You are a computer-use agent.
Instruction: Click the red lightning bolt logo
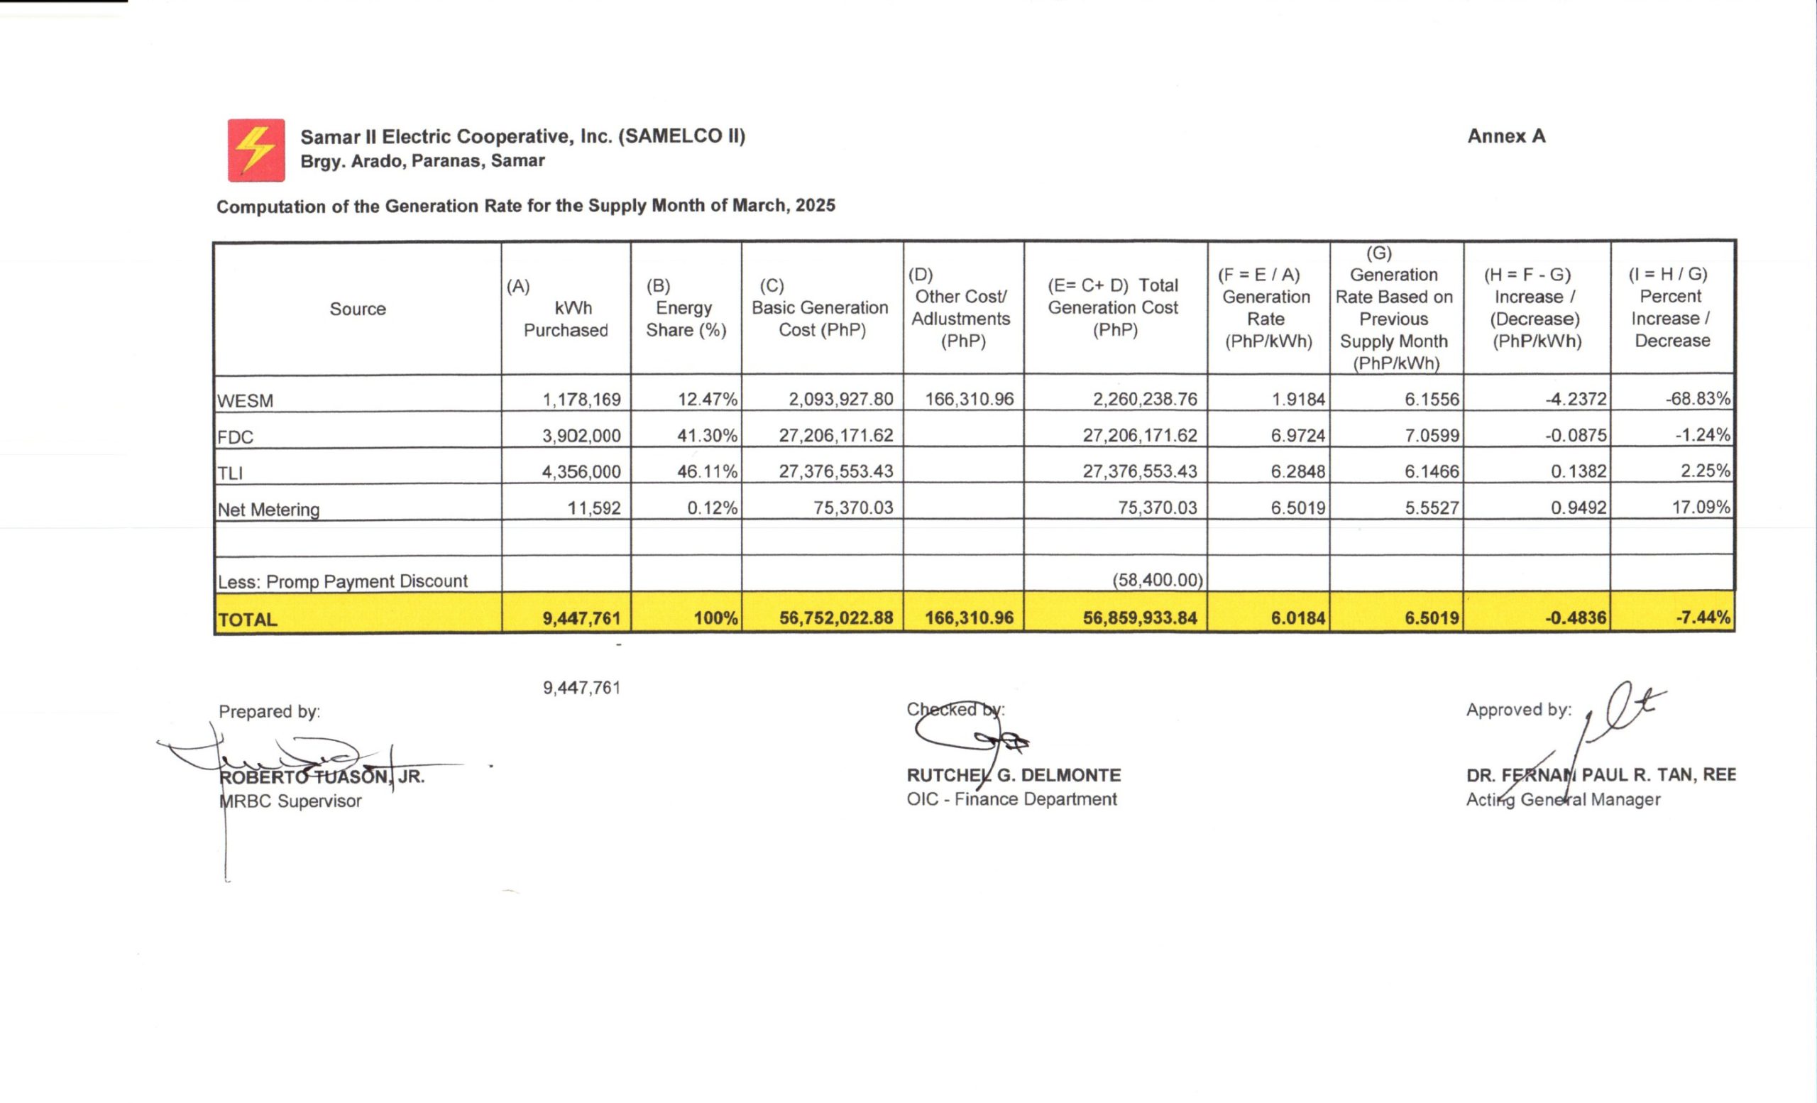pos(256,150)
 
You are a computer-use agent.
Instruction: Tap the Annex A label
pos(1506,136)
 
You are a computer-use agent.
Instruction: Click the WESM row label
pos(245,401)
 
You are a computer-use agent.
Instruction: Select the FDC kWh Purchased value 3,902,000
pos(581,436)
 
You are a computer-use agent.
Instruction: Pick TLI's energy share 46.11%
pos(706,471)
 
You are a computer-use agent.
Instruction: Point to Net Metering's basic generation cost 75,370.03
pos(852,507)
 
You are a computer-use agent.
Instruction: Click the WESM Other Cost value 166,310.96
pos(969,400)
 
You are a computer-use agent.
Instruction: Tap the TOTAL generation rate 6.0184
pos(1297,618)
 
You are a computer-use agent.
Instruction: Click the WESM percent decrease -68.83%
pos(1697,399)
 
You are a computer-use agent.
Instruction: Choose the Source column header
pos(358,309)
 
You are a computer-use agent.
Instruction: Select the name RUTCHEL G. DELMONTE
pos(1014,775)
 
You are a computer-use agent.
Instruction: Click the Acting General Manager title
pos(1563,799)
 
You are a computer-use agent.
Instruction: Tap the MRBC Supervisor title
pos(290,801)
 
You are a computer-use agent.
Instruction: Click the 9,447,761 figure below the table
pos(581,688)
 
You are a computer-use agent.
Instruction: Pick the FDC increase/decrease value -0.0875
pos(1575,436)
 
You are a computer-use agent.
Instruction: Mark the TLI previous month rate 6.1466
pos(1432,471)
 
